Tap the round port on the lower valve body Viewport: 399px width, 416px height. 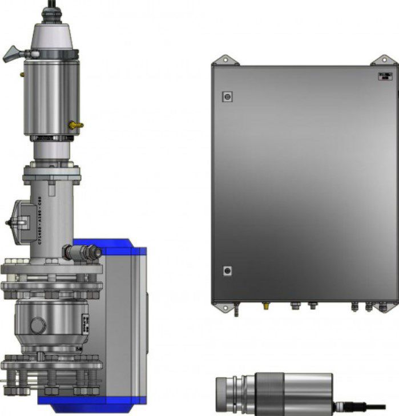(37, 325)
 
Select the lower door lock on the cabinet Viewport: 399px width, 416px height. (227, 270)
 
